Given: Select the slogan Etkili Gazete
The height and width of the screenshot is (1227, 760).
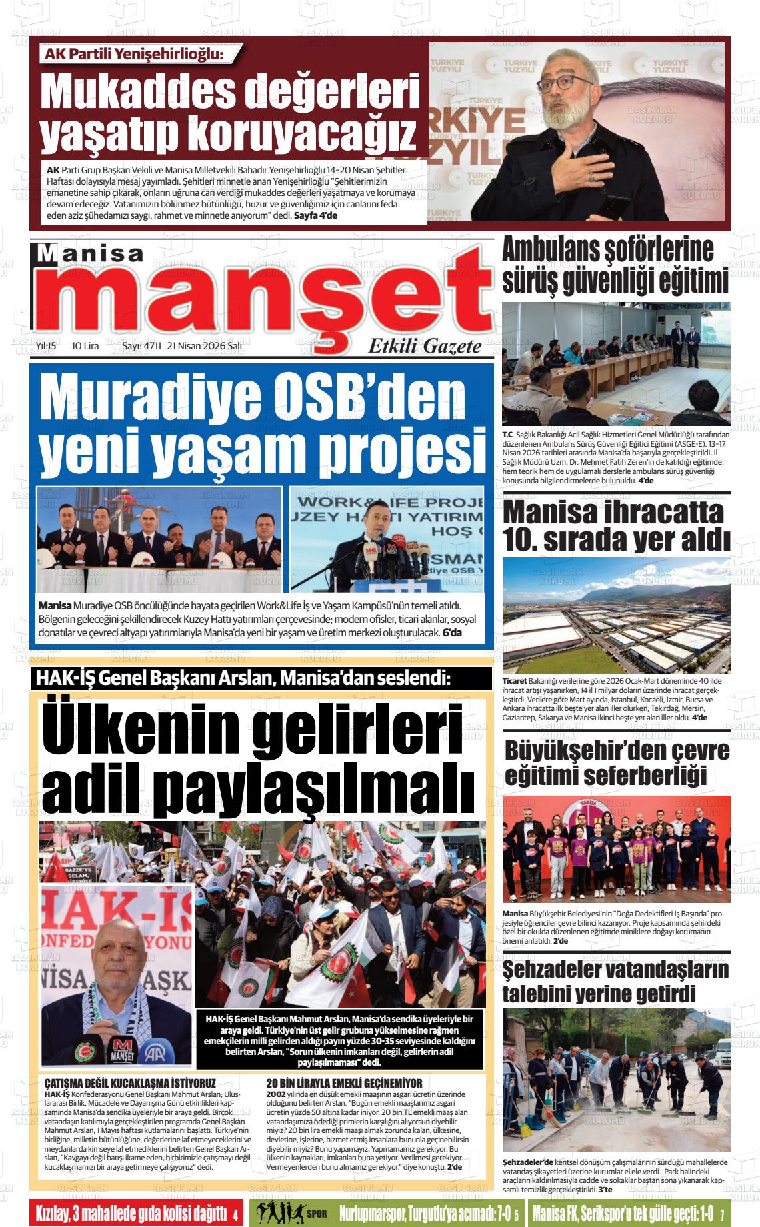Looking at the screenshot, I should click(425, 346).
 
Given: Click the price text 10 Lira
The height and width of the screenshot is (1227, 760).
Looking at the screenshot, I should click(85, 346).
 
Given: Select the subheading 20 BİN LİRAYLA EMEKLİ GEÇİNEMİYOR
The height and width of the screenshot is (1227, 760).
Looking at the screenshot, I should click(344, 1083).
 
